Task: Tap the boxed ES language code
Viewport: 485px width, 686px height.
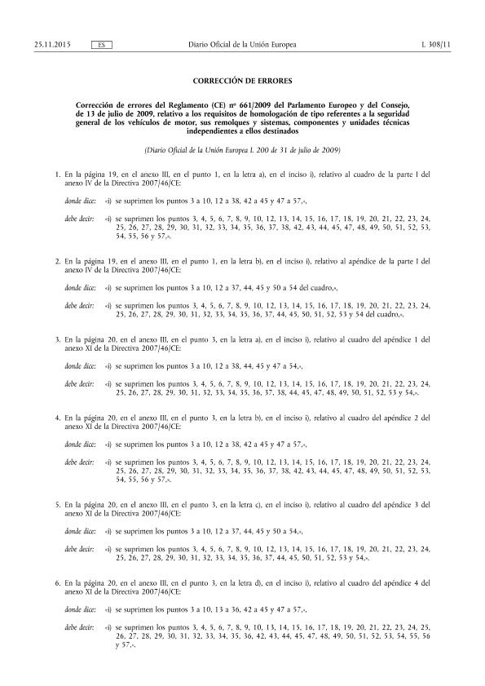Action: point(103,43)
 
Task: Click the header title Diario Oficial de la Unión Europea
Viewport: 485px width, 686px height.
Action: point(242,43)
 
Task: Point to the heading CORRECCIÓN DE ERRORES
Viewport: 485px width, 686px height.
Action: point(241,82)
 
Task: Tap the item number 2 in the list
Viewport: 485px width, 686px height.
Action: point(55,260)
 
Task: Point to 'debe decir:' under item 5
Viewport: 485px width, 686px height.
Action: point(81,552)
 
